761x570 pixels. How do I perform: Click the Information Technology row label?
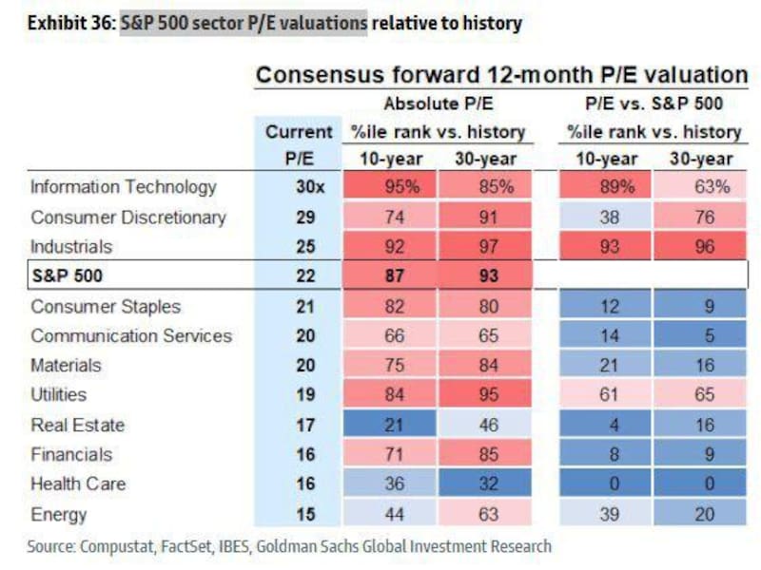pyautogui.click(x=124, y=187)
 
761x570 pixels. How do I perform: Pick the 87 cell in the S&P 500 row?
pyautogui.click(x=394, y=276)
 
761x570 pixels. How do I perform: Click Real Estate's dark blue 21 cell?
pyautogui.click(x=394, y=425)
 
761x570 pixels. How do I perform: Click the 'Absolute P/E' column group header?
pyautogui.click(x=441, y=104)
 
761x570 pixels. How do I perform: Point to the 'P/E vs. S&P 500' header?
pyautogui.click(x=654, y=104)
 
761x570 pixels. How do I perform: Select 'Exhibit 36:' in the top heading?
pyautogui.click(x=69, y=23)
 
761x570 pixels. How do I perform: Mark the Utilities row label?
pyautogui.click(x=58, y=395)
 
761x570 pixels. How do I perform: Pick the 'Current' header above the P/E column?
pyautogui.click(x=299, y=132)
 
